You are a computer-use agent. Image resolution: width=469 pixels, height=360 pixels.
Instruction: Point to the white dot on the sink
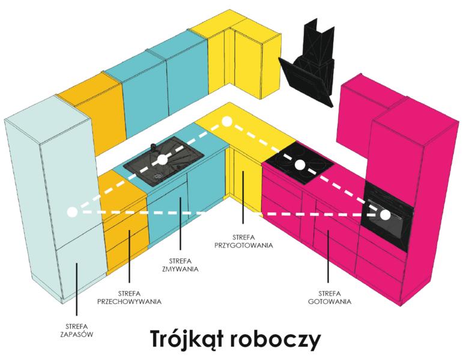coord(162,160)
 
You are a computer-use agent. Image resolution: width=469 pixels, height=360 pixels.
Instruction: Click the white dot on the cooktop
coord(300,165)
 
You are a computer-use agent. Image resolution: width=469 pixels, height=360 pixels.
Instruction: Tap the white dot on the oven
coord(386,215)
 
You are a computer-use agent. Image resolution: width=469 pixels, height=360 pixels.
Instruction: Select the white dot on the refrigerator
coord(72,212)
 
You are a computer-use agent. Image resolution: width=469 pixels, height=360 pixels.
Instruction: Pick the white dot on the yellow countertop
coord(227,121)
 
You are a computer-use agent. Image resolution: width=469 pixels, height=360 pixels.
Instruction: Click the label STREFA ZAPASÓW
coord(77,331)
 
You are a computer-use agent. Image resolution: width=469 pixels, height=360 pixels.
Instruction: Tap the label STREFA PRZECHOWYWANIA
coord(129,298)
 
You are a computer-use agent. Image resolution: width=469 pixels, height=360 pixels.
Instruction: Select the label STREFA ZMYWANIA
coord(180,265)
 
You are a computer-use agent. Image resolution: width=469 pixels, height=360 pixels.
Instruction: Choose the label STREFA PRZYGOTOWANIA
coord(243,241)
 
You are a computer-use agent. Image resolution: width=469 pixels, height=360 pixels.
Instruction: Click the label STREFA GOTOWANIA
coord(329,298)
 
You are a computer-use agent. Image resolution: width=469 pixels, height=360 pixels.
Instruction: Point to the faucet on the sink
coord(153,148)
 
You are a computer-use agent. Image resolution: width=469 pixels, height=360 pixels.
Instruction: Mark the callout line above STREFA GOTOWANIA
coord(328,256)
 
